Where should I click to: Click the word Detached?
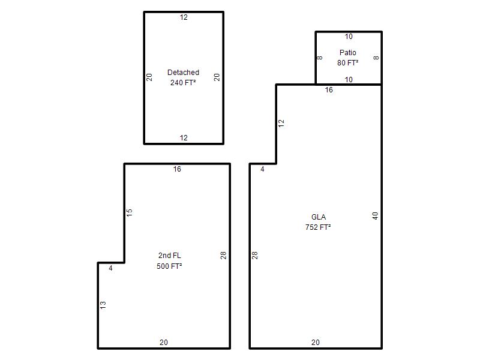tap(183, 73)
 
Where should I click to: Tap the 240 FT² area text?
tap(183, 83)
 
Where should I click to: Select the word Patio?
tap(348, 53)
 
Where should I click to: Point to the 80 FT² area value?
tap(348, 63)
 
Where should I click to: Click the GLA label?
tap(319, 217)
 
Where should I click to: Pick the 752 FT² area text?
tap(318, 227)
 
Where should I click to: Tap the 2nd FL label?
tap(170, 256)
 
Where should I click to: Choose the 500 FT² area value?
tap(169, 266)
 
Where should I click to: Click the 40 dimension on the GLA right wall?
tap(375, 216)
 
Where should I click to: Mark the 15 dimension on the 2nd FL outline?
tap(129, 212)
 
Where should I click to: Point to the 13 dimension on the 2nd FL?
tap(103, 305)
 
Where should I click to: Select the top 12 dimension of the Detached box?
tap(184, 17)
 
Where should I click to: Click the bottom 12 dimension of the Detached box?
tap(184, 138)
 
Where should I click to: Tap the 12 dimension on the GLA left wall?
tap(281, 124)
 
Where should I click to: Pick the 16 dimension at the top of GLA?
tap(329, 90)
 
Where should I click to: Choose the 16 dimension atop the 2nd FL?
tap(177, 169)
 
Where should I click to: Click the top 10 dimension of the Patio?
tap(349, 37)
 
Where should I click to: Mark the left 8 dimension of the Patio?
tap(320, 58)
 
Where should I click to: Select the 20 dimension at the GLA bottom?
tap(316, 343)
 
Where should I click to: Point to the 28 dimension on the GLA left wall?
tap(254, 256)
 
